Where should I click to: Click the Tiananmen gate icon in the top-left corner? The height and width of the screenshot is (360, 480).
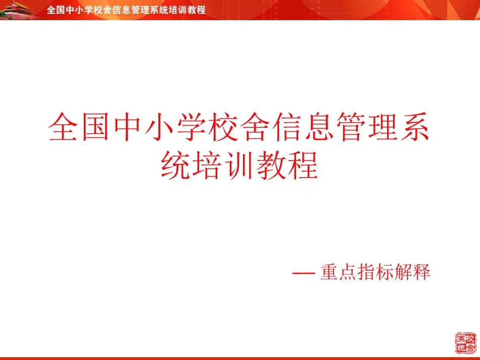point(18,10)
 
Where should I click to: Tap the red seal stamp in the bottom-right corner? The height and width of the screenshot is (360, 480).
point(465,343)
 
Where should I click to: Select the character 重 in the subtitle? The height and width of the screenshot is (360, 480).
point(329,273)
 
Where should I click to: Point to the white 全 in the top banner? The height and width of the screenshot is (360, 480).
point(51,10)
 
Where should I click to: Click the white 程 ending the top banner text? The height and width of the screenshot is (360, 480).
point(201,10)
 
